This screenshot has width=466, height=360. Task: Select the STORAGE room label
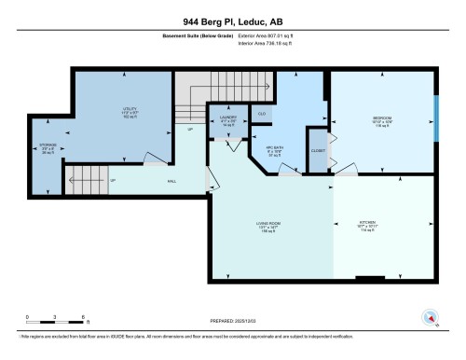tap(47, 146)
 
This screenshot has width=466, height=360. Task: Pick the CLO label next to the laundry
tap(264, 113)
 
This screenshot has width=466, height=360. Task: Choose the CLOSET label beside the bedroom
tap(318, 149)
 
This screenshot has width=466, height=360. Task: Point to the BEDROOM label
tap(381, 119)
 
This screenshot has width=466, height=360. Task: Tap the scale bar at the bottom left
tap(56, 324)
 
